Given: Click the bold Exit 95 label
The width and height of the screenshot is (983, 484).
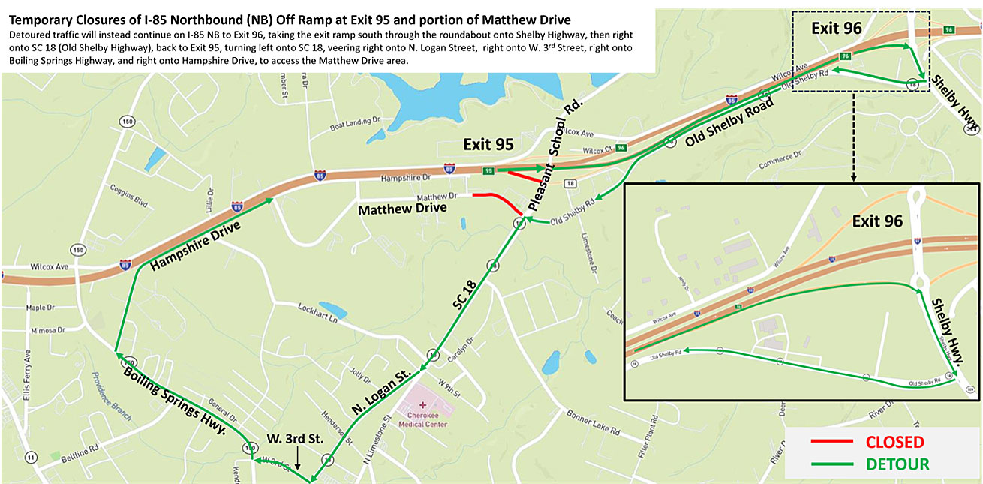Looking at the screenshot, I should (488, 145).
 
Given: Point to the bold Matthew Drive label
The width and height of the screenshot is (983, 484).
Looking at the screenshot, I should (402, 209).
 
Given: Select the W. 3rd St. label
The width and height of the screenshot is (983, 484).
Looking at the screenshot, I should (296, 438).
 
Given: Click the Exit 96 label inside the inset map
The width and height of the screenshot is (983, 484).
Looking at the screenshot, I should (876, 221).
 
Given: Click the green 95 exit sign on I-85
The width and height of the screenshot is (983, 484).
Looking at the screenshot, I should (488, 170).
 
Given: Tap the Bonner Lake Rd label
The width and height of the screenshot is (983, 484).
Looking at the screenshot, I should (593, 423).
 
